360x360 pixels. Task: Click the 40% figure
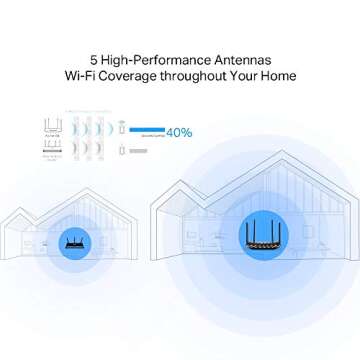[179, 131]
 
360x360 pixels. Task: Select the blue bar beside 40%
[146, 130]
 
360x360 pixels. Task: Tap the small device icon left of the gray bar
[120, 150]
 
